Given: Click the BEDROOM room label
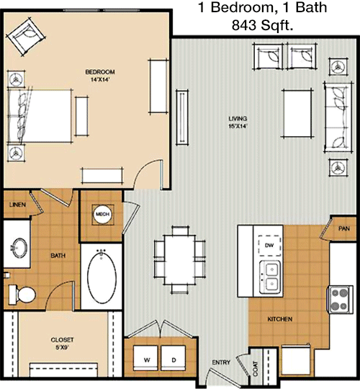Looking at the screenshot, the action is tap(100, 72).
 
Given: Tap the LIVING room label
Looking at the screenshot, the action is tap(238, 119).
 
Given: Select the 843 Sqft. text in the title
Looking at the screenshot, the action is tap(262, 24).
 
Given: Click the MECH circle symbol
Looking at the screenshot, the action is tap(103, 215).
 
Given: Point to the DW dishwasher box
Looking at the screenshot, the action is tap(269, 246).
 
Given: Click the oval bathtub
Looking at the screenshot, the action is tap(102, 277).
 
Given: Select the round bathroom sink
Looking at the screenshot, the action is tap(19, 248).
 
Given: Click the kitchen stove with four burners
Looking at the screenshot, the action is tap(340, 299).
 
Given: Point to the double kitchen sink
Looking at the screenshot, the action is tap(270, 277).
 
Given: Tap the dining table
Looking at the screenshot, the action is tap(179, 259).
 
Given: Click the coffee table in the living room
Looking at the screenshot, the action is tap(297, 113).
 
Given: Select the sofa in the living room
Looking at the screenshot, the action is tap(338, 117).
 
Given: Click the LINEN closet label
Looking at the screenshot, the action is tap(17, 205).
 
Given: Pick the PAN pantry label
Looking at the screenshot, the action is tap(344, 228).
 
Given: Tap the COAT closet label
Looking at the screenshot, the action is tap(256, 368).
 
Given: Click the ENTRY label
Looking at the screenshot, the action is tap(221, 362).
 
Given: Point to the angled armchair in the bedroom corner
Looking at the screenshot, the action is tap(27, 37).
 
